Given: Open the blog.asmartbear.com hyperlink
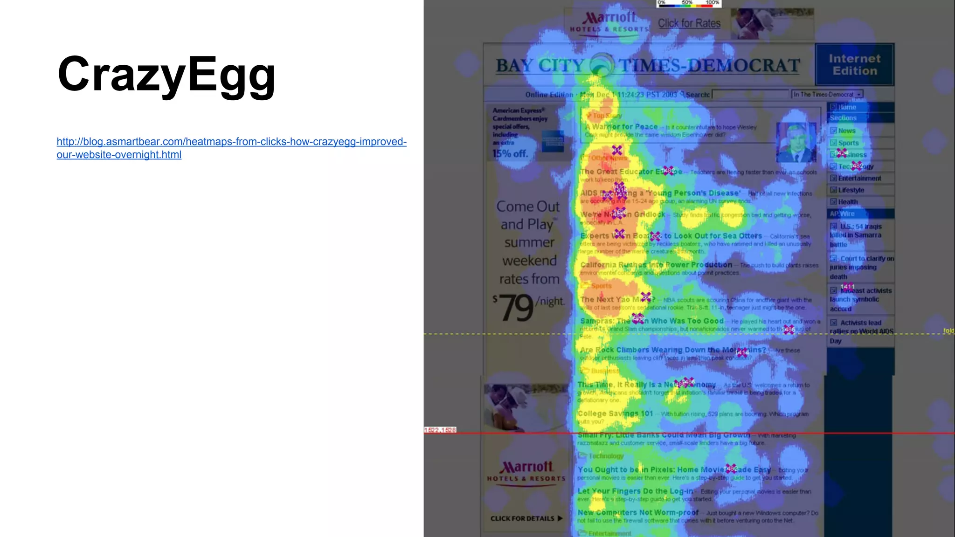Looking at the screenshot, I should [231, 148].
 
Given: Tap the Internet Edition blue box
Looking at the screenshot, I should [854, 65].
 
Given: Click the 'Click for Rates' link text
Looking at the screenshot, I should [689, 23].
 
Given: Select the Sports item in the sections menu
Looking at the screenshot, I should [848, 143].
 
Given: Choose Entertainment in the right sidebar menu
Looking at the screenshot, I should [859, 178].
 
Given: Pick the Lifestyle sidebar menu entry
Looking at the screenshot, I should [851, 190].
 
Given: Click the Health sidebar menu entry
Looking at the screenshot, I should [848, 202].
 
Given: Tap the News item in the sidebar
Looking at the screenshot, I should [846, 131].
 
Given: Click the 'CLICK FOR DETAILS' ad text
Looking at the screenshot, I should [526, 518].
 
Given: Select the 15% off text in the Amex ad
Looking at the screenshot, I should [510, 153].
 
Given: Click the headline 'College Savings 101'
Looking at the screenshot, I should [615, 413].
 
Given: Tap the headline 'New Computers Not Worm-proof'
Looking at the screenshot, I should [638, 512].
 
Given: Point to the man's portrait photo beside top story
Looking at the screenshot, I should [796, 142].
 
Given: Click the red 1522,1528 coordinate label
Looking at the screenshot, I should [440, 430].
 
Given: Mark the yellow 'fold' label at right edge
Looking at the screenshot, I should [948, 330].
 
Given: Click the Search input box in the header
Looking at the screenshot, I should [750, 94].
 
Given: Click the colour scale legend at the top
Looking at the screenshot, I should [688, 4].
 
